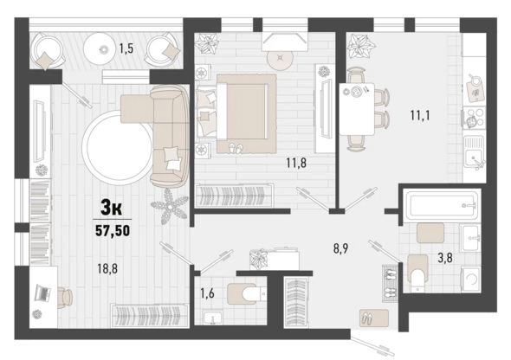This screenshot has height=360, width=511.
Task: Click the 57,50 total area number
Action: pos(113,230)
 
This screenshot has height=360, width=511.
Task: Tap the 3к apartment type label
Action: pos(112,208)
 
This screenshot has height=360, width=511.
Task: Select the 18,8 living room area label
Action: pos(107,268)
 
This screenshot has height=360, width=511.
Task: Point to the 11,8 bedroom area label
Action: pos(296,163)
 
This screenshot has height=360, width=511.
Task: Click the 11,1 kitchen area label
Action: pos(420,115)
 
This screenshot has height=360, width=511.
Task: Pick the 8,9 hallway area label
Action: pos(340,248)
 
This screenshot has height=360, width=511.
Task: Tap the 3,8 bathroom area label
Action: pos(445,259)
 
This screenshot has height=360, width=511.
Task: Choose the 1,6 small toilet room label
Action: pos(207,293)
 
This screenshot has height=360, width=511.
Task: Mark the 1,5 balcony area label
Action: pos(126,48)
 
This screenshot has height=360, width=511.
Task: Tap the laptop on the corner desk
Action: pos(42,293)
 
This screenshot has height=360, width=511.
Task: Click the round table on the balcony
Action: pos(100,49)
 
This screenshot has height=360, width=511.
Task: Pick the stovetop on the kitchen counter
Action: pos(474,118)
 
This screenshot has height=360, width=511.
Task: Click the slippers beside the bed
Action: pos(236,148)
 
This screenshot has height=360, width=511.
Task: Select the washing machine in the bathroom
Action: pos(469,279)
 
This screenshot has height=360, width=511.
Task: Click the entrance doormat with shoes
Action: pos(374,318)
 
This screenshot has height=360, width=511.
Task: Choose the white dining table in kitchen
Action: pos(357,109)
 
